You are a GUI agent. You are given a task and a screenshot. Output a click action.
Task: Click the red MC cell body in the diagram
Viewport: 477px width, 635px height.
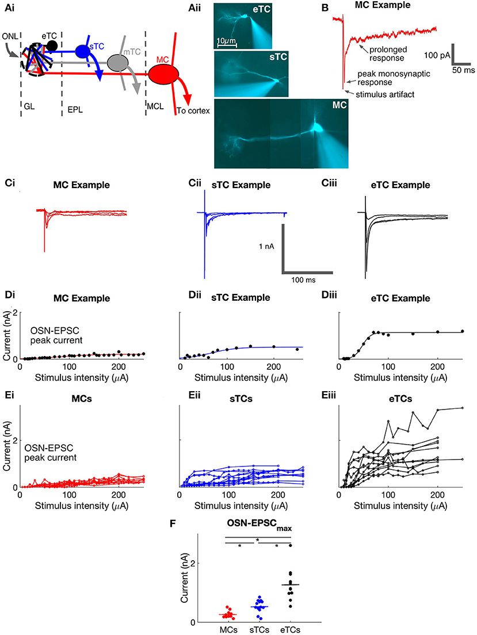pos(163,74)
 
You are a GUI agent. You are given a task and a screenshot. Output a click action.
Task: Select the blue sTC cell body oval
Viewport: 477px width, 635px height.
pos(83,51)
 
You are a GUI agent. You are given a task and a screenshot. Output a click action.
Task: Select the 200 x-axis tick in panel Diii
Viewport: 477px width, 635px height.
pos(437,366)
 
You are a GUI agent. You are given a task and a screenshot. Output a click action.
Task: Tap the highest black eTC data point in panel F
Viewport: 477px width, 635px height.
pos(291,545)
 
